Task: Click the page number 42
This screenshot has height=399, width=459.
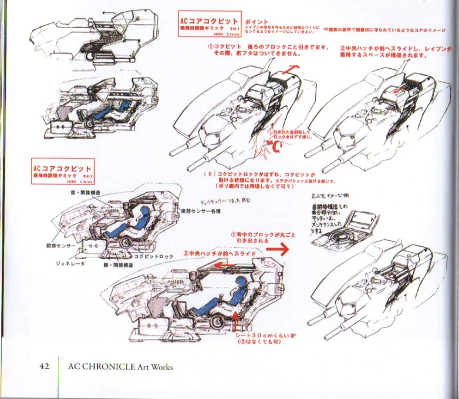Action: point(43,366)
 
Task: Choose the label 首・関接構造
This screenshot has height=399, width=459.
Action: point(86,192)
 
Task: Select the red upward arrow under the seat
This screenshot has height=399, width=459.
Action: point(235,322)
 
